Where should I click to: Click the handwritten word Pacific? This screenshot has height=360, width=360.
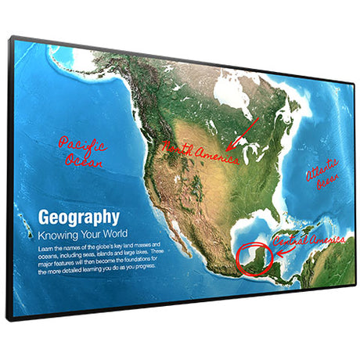tap(83, 144)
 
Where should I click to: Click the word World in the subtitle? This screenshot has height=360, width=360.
tap(109, 234)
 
